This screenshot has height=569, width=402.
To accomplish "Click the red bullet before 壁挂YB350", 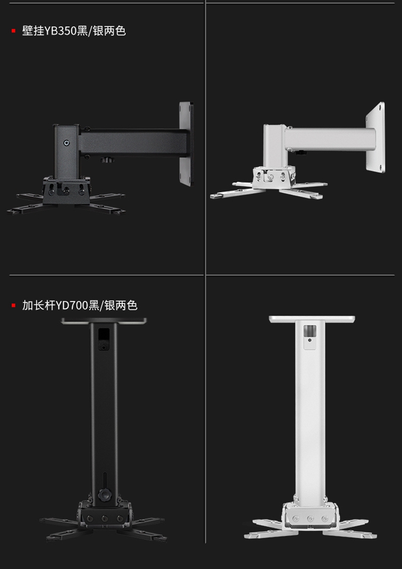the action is (x=13, y=31).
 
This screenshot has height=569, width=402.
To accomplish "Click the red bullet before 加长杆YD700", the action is (x=13, y=305).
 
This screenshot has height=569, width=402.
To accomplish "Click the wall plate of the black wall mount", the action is (x=185, y=143).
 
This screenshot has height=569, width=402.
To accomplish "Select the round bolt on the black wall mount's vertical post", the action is (x=66, y=143).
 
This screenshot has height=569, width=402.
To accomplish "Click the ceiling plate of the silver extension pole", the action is (x=312, y=319).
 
